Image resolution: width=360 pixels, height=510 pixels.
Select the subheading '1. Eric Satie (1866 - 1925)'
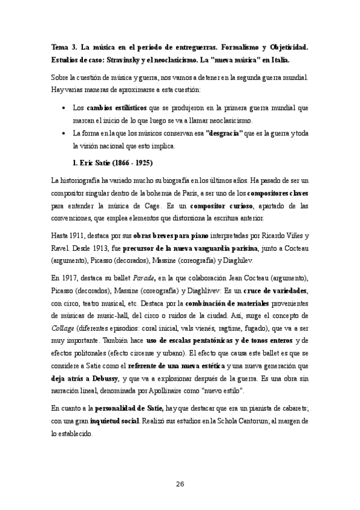(x=112, y=163)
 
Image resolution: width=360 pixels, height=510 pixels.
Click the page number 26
(x=180, y=485)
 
